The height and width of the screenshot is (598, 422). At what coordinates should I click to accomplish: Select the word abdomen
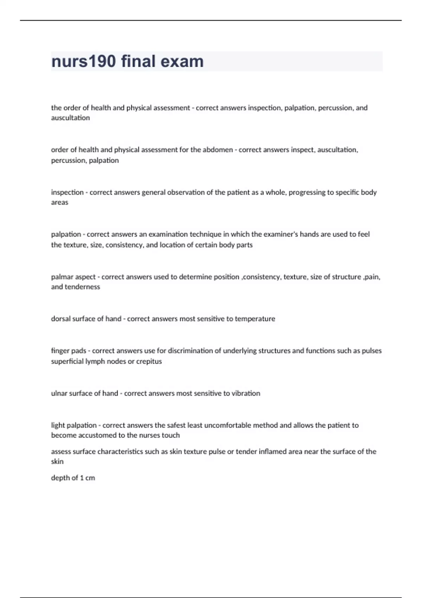click(218, 150)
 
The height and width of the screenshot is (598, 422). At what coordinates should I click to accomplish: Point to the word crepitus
click(149, 361)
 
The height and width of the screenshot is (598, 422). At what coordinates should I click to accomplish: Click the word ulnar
click(59, 393)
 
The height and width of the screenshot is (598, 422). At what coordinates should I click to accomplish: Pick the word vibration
click(246, 393)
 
